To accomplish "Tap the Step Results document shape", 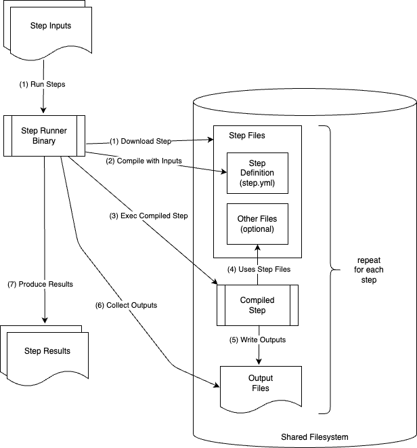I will [x=47, y=351].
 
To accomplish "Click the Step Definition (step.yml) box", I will [x=257, y=174].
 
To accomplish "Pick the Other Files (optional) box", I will [x=257, y=224].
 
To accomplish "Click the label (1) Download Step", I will [x=140, y=141].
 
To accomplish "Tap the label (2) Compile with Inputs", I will [x=143, y=161].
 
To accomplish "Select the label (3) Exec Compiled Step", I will [x=150, y=216].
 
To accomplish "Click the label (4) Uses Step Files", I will [x=259, y=269].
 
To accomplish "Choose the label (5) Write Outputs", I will [x=257, y=339].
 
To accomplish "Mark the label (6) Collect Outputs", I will [x=127, y=305].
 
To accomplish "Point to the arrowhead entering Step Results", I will [x=44, y=321].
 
